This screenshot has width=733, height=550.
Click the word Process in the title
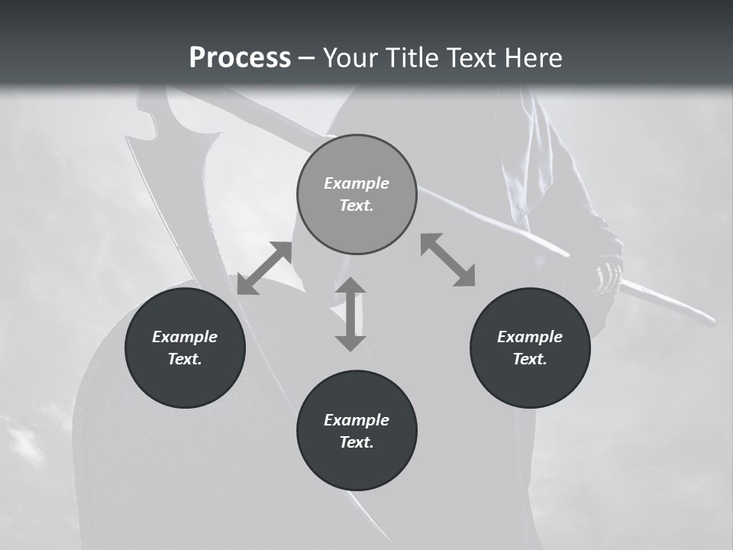pyautogui.click(x=240, y=58)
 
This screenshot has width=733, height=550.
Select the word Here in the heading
pyautogui.click(x=533, y=58)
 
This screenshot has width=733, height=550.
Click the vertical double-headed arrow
pyautogui.click(x=350, y=314)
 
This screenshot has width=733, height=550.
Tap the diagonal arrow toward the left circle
pyautogui.click(x=264, y=268)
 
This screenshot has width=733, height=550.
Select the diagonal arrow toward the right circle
pyautogui.click(x=447, y=260)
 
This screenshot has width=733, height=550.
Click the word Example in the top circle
pyautogui.click(x=357, y=183)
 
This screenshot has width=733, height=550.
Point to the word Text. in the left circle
pyautogui.click(x=185, y=359)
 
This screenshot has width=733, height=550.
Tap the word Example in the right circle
pyautogui.click(x=530, y=337)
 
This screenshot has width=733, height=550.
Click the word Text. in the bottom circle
pyautogui.click(x=357, y=442)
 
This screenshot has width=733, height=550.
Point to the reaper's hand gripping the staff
pyautogui.click(x=607, y=264)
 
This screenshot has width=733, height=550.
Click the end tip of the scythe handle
pyautogui.click(x=710, y=319)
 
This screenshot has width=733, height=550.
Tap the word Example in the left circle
pyautogui.click(x=185, y=337)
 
